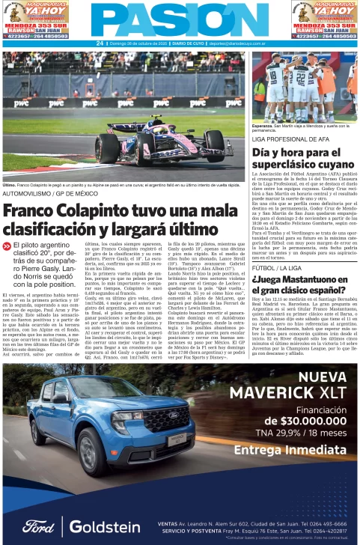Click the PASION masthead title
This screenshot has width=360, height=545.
(180, 20)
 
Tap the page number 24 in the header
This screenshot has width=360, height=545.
(100, 43)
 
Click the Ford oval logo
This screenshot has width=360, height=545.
(37, 526)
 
